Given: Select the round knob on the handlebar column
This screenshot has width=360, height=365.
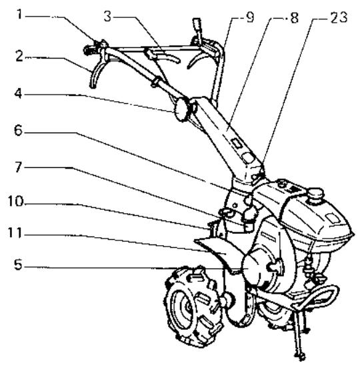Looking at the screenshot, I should [x=181, y=111].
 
